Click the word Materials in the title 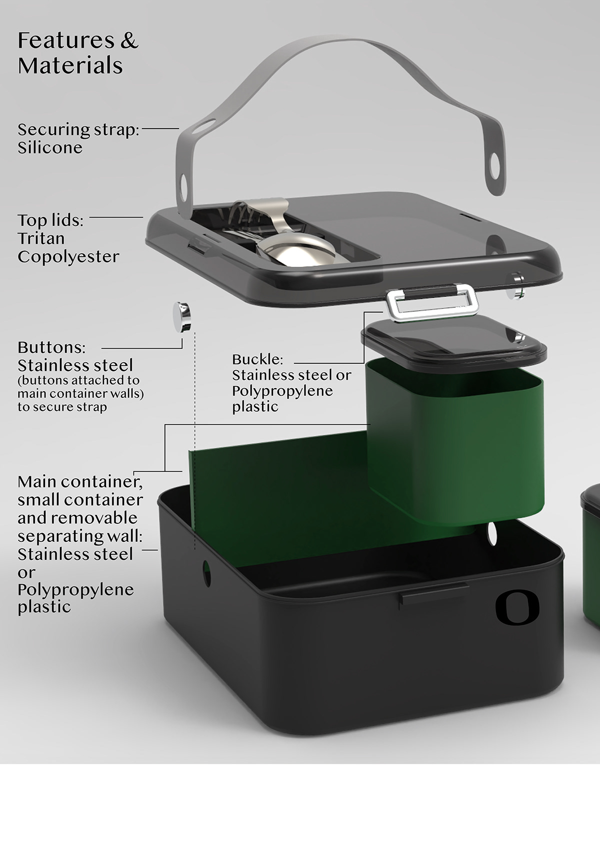coord(70,65)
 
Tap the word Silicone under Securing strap coord(50,148)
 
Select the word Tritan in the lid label coord(41,239)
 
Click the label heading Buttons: coord(51,347)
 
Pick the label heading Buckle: coord(257,359)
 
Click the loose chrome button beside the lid coord(182,317)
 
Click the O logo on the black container coord(517,607)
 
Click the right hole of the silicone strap coord(494,166)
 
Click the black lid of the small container coord(454,344)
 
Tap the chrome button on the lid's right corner coord(517,285)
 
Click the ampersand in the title coord(129,41)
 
